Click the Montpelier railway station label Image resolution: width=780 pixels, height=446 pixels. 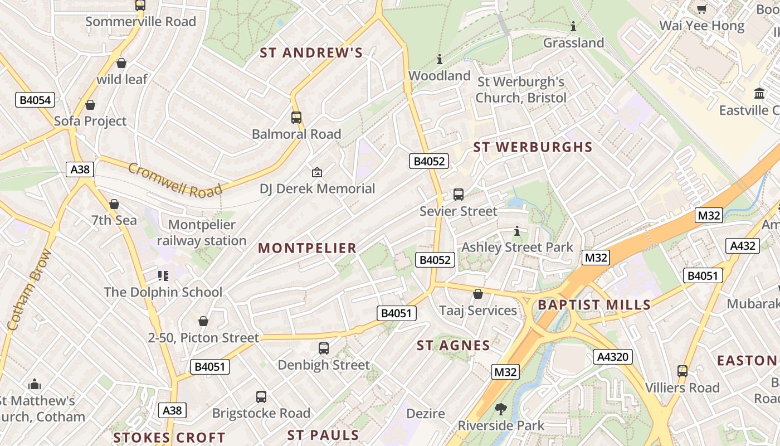(x=202, y=233)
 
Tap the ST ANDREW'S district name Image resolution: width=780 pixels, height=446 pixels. (x=311, y=53)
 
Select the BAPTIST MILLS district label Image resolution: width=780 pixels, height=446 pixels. (x=594, y=305)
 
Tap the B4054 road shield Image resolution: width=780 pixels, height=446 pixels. (x=35, y=100)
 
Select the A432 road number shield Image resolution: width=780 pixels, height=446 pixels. (x=743, y=246)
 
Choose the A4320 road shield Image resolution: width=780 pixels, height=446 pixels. (x=613, y=357)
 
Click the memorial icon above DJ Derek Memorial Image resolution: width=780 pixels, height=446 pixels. (x=317, y=172)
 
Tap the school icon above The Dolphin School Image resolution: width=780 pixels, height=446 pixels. (x=163, y=275)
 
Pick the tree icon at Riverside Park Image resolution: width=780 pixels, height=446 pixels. (x=501, y=409)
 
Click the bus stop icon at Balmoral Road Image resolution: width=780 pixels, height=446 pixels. (x=296, y=118)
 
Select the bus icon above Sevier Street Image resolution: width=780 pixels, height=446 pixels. (x=459, y=195)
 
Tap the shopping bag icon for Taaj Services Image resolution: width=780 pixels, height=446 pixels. (x=478, y=294)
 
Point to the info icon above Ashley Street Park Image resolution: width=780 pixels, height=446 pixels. (x=517, y=230)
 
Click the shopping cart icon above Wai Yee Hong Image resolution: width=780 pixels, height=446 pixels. (x=702, y=9)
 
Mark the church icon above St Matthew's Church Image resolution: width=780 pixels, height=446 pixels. (x=35, y=384)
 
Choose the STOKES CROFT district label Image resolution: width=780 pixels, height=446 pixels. (x=169, y=438)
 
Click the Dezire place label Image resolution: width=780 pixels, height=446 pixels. (x=426, y=414)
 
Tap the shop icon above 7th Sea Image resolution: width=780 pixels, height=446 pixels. (x=114, y=204)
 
